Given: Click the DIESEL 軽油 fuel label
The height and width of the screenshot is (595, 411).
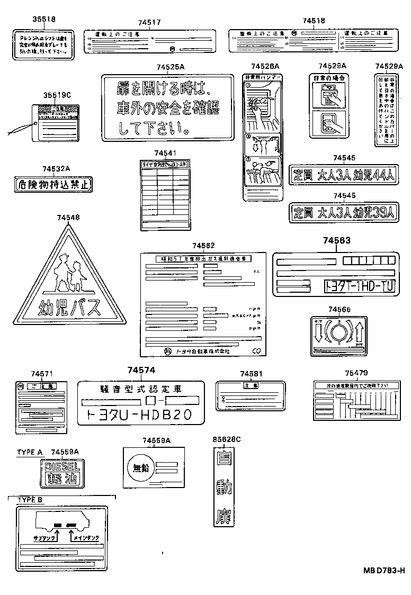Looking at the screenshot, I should pyautogui.click(x=62, y=473).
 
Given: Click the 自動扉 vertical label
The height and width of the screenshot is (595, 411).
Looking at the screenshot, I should pyautogui.click(x=224, y=488).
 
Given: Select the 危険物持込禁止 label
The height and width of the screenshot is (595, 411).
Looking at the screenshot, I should pyautogui.click(x=53, y=185).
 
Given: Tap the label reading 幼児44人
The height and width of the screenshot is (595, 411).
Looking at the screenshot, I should pyautogui.click(x=344, y=175).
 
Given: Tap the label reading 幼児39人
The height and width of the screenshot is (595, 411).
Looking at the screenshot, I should pyautogui.click(x=344, y=212).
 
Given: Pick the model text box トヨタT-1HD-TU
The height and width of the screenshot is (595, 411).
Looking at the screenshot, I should pyautogui.click(x=360, y=286).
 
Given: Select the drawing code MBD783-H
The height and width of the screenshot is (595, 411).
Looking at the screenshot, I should pyautogui.click(x=383, y=570).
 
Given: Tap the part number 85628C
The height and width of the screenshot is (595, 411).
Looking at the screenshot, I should pyautogui.click(x=226, y=439).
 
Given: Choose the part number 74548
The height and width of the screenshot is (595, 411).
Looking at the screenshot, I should pyautogui.click(x=68, y=218).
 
